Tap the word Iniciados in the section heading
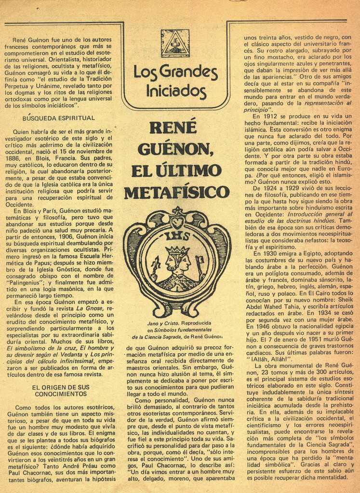click(x=176, y=91)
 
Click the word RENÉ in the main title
click(x=173, y=127)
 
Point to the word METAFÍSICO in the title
click(x=176, y=192)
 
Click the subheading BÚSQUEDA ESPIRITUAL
click(x=59, y=117)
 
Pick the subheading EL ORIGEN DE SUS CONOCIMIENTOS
click(x=61, y=390)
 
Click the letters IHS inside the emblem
click(x=177, y=236)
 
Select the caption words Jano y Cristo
click(x=163, y=323)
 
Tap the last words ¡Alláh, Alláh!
click(x=269, y=359)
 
